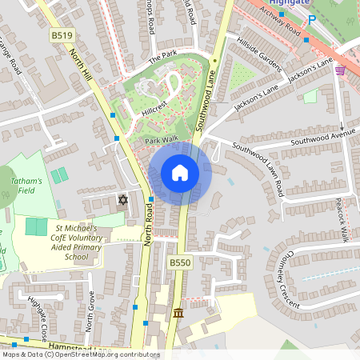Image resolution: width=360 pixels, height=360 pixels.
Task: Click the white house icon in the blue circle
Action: coord(180,173)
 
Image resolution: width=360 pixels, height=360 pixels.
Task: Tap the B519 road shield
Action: coord(62,36)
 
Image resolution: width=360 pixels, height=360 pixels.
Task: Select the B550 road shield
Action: coord(179,262)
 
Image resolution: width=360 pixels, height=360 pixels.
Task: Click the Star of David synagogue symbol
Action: coord(122,199)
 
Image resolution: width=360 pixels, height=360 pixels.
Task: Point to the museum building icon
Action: coord(178,312)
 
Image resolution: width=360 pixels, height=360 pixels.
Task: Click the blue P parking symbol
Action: coord(312,19)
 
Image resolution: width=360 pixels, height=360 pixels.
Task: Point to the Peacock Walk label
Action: coord(343,218)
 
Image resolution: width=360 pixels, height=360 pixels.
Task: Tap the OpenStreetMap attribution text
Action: coord(80,354)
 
